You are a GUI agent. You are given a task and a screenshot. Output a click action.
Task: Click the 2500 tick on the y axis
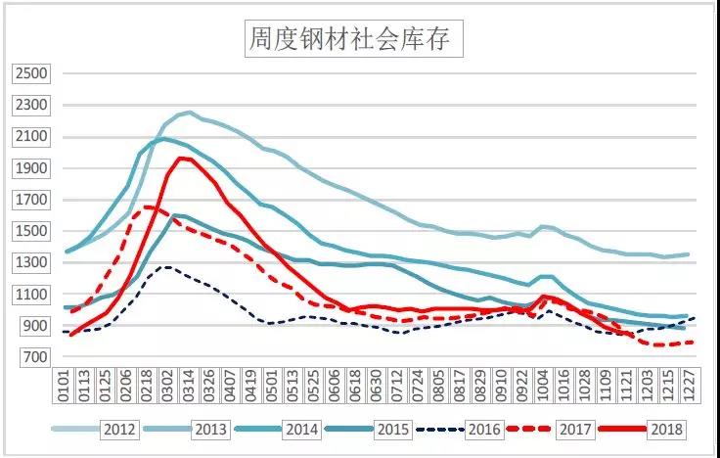tap(33, 73)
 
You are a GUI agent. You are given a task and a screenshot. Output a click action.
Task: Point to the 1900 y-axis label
tap(33, 168)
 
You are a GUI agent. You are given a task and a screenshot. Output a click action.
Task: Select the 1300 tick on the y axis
tap(33, 262)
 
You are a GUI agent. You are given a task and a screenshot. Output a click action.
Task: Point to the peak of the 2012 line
tap(189, 113)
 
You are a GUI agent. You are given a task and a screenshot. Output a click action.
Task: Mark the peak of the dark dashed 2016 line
tap(168, 266)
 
